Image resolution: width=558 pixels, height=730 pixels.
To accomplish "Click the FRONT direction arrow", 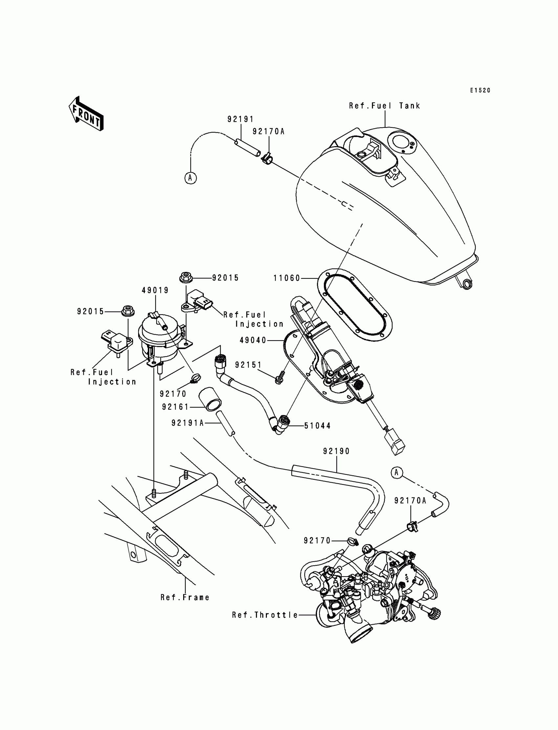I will [x=86, y=114].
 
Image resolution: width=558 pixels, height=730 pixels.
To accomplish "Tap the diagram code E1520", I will [x=480, y=90].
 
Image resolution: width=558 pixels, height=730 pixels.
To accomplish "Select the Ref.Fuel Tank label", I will [x=384, y=106].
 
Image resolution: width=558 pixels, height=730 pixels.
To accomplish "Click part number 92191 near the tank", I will [x=241, y=119].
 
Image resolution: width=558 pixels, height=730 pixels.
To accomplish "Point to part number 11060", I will [x=287, y=278].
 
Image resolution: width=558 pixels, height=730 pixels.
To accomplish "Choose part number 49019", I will [x=155, y=290].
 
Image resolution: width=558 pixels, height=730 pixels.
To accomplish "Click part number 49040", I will [x=253, y=340].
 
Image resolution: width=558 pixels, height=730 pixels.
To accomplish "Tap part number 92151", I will [x=248, y=365].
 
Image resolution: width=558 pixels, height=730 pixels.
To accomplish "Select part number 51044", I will [x=317, y=426].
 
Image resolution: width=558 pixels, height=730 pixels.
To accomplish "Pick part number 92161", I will [x=175, y=407].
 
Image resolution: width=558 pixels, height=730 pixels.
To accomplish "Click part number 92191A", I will [x=187, y=423].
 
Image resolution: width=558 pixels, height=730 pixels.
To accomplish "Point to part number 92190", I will [x=336, y=451].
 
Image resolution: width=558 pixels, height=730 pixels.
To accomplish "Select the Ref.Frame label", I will [x=185, y=597].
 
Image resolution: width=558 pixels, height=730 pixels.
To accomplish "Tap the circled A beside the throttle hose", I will [x=397, y=473].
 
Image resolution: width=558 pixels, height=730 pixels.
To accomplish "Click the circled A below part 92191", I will [x=190, y=178].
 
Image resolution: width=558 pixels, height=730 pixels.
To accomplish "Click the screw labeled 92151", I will [x=278, y=378].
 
